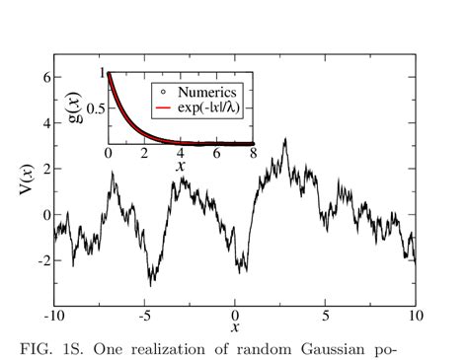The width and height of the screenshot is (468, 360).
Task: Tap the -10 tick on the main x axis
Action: point(53,317)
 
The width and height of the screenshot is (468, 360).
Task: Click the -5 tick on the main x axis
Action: point(143,317)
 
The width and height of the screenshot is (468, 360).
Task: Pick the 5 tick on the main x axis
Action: point(325,317)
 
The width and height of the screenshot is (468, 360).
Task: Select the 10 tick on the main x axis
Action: point(416,317)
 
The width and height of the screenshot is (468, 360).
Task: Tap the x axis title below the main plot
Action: point(235,326)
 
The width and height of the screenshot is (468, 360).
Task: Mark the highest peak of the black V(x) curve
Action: point(285,139)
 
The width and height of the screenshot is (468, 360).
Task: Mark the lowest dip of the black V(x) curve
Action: point(150,285)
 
